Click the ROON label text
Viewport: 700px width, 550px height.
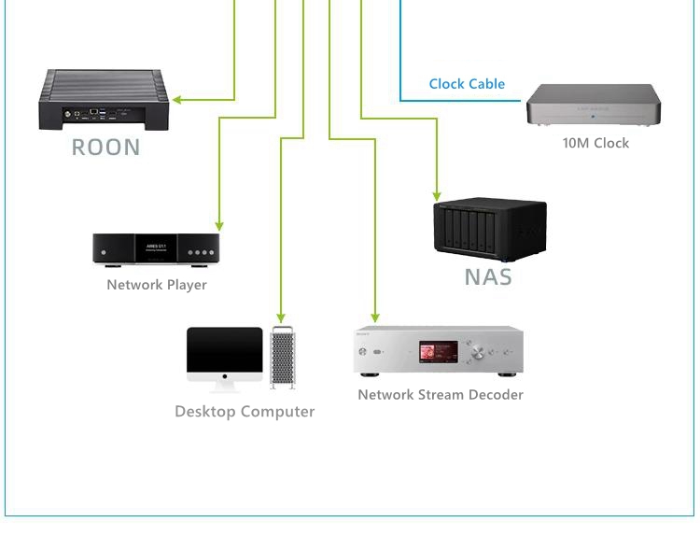105,147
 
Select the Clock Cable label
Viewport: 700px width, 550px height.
467,84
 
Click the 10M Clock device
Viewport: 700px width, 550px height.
594,105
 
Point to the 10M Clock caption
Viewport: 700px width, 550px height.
595,143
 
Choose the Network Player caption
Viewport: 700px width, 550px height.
157,285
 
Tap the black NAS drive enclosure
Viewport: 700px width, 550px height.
489,230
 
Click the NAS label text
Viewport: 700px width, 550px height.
488,276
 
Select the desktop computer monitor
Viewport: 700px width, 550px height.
224,355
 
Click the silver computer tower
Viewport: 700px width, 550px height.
282,357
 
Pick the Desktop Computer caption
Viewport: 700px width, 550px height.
245,412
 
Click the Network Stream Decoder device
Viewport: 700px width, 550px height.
438,350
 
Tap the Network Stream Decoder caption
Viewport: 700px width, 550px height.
441,395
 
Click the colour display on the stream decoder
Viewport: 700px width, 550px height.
437,353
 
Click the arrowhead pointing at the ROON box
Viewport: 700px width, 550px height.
176,99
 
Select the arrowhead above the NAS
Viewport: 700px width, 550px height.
437,195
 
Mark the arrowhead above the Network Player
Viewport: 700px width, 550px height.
219,226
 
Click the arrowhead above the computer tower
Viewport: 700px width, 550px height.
280,319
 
